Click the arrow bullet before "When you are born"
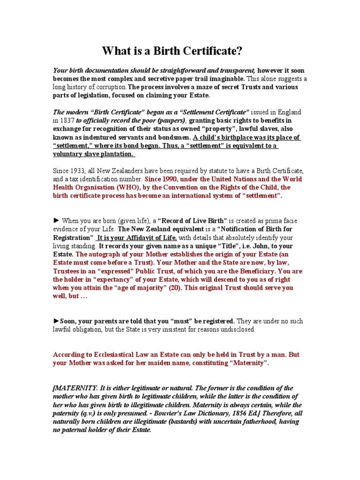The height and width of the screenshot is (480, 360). tap(56, 220)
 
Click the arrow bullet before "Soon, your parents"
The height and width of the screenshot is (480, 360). tap(56, 321)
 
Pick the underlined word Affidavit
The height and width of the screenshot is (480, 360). tap(132, 238)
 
